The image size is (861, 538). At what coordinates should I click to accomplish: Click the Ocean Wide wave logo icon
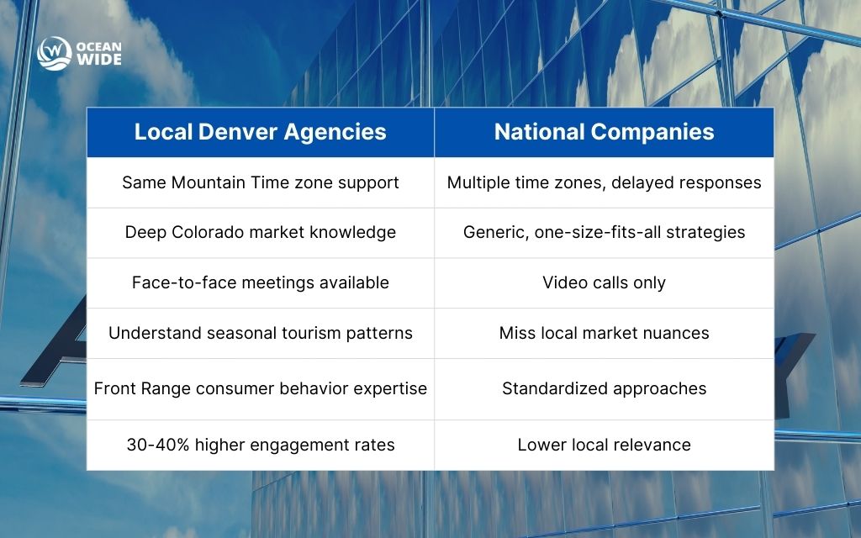click(x=55, y=52)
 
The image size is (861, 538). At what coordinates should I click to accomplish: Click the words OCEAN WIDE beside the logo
click(x=99, y=53)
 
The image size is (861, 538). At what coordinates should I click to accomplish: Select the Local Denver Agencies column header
click(x=261, y=132)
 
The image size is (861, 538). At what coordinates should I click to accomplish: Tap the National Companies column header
click(x=604, y=132)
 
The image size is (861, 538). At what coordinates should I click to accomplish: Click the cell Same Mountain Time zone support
click(x=261, y=182)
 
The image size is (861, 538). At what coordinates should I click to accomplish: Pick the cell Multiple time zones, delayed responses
click(x=604, y=182)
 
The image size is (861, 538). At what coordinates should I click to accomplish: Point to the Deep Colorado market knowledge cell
click(x=261, y=232)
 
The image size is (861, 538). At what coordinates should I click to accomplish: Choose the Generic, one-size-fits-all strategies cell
click(x=604, y=232)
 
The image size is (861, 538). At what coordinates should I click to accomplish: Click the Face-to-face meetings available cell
click(x=261, y=282)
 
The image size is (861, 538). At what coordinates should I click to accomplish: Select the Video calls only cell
click(x=604, y=282)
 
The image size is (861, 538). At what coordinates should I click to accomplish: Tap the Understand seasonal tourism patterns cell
click(x=261, y=333)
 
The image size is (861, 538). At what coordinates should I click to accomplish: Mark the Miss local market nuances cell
click(x=604, y=333)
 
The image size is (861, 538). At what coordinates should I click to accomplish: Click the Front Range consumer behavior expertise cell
click(x=261, y=388)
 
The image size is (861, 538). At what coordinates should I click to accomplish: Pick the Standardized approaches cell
click(x=604, y=388)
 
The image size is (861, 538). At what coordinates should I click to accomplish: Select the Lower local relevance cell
click(x=604, y=445)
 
